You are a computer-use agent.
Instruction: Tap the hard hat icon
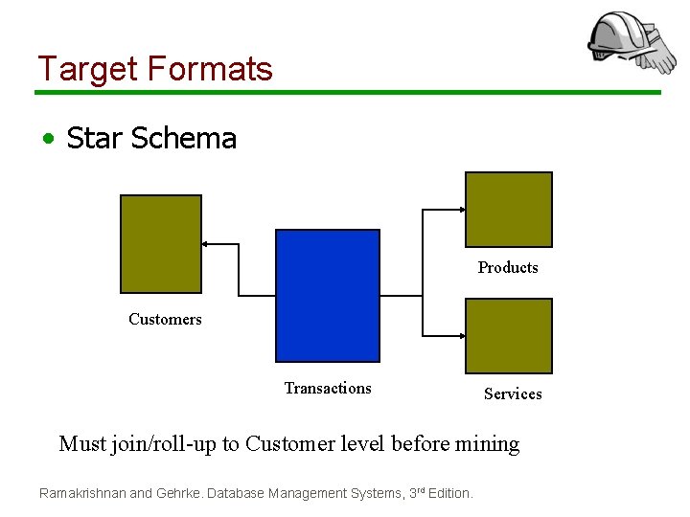coord(628,42)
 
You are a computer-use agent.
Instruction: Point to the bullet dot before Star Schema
coord(47,140)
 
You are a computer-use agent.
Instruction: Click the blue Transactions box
coord(328,295)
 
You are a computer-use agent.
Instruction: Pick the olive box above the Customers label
coord(161,243)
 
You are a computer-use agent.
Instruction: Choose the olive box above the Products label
coord(508,210)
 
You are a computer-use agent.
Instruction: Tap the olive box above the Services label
coord(508,335)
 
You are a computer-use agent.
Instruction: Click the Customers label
coord(165,319)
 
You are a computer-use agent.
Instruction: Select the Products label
coord(508,267)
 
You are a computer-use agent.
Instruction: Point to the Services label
coord(513,393)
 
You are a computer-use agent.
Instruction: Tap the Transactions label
coord(328,388)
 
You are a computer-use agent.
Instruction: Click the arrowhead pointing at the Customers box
coord(206,244)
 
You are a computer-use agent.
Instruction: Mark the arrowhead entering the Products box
coord(462,210)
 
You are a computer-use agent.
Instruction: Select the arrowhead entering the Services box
coord(462,336)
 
